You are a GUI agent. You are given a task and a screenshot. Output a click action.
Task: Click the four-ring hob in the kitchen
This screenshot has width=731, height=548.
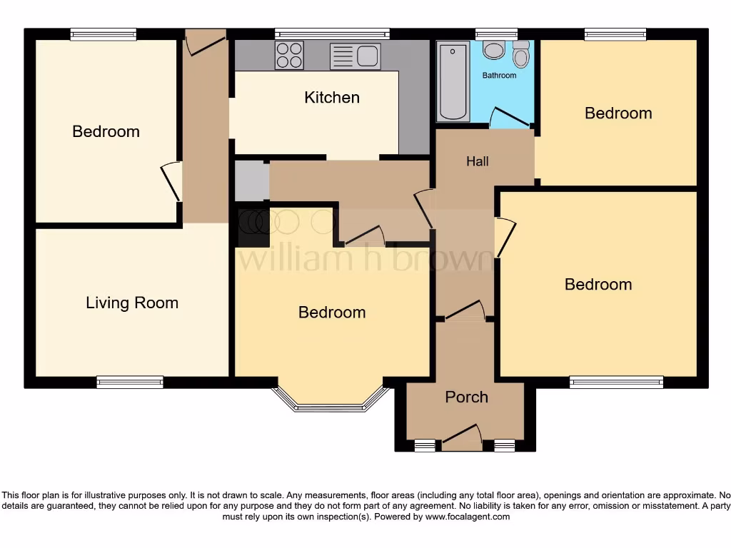coord(289,55)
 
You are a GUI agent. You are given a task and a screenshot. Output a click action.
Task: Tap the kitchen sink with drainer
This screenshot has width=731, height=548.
coord(355,56)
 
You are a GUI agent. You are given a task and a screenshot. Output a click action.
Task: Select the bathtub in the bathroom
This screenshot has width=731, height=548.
coord(453,82)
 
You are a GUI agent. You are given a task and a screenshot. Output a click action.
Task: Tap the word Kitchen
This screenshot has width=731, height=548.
coord(332,97)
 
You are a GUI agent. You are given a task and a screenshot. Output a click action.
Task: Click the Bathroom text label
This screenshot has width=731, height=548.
coord(499,75)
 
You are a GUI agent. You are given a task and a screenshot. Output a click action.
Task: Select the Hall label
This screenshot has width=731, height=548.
coord(478,161)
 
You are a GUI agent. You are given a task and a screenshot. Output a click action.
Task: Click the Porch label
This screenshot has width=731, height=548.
coord(466,397)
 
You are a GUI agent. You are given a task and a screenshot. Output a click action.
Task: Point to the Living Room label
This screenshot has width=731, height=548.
coord(132,303)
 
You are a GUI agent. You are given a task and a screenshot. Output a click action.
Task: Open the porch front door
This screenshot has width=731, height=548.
coord(461,437)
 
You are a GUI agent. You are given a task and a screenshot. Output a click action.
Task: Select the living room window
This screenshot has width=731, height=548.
coord(130,382)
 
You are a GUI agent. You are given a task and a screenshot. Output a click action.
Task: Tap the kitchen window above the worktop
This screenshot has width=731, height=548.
coord(332,33)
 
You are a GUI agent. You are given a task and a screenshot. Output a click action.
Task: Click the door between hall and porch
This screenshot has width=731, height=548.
coord(465,310)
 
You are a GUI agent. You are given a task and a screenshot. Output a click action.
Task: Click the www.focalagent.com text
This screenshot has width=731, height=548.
coord(468,517)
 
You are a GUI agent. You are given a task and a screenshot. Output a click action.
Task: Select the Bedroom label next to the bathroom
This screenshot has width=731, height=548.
coord(618,113)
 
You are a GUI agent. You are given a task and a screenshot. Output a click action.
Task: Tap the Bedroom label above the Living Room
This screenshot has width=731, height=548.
coord(106,131)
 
